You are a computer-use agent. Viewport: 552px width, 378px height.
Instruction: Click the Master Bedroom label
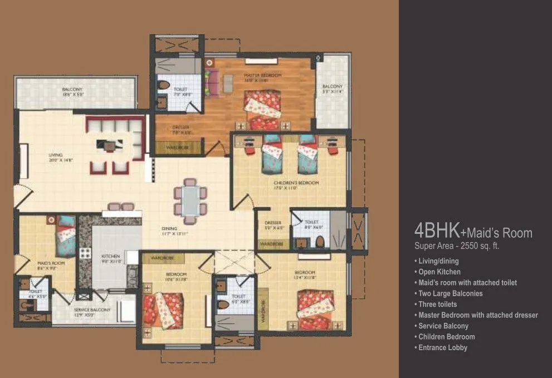tap(262, 75)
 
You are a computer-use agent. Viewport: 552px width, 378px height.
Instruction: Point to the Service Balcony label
tap(92, 310)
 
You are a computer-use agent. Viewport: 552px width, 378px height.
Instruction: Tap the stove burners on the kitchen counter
tap(85, 254)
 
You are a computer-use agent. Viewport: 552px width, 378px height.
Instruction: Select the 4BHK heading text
tap(436, 230)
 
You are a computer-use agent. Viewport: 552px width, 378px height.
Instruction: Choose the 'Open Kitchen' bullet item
tap(439, 272)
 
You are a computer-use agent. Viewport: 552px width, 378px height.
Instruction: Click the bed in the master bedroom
tap(262, 105)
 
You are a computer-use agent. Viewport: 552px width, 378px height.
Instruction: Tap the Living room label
tap(55, 155)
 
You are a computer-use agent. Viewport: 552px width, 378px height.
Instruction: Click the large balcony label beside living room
tap(72, 90)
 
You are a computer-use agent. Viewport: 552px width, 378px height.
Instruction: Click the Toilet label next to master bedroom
tap(180, 89)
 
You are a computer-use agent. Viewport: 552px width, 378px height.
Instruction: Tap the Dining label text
tap(169, 228)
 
